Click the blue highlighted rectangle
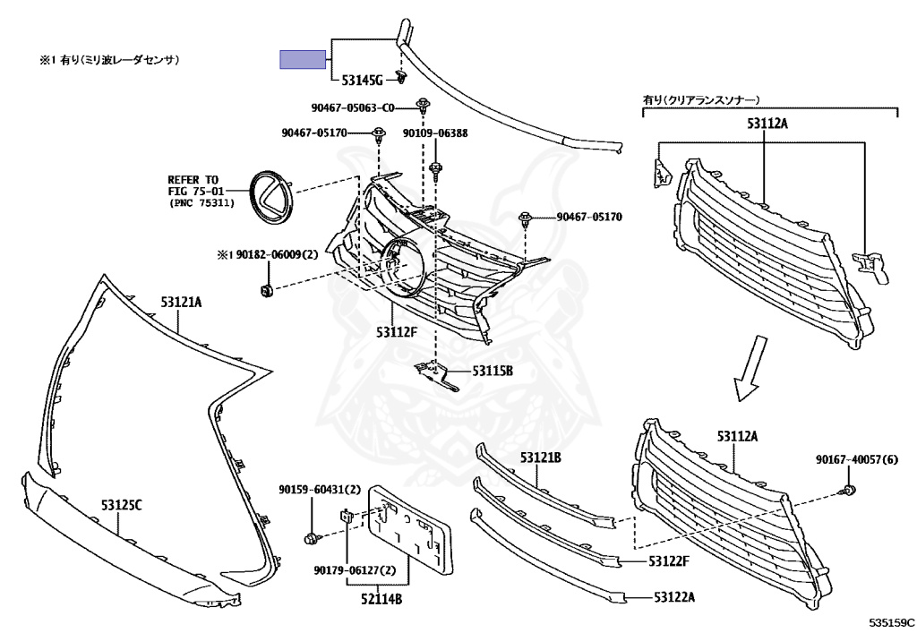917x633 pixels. [x=303, y=59]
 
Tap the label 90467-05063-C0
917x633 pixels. [x=353, y=108]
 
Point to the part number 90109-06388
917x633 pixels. [x=434, y=133]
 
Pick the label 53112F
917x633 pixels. [x=397, y=332]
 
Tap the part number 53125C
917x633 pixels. [x=121, y=506]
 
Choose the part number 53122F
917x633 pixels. [x=669, y=561]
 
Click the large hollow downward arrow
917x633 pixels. [x=750, y=368]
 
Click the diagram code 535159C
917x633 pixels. [x=889, y=620]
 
